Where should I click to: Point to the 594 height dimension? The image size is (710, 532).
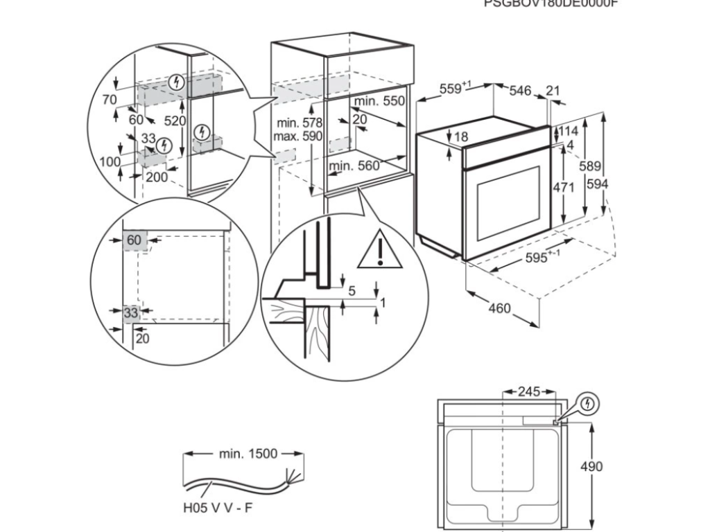[597, 185]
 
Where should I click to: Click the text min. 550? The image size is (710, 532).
[379, 101]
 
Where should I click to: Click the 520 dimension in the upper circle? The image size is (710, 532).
[175, 121]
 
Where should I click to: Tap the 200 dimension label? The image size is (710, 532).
[157, 177]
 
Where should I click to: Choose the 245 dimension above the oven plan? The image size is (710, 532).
[529, 392]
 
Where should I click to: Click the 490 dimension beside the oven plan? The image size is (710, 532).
[591, 466]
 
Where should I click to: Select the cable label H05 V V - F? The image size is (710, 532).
[218, 508]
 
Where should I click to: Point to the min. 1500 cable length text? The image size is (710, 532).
[248, 454]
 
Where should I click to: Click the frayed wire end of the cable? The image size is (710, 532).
[292, 476]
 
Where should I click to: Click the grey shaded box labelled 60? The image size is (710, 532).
[134, 240]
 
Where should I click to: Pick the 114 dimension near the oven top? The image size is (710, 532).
[569, 131]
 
